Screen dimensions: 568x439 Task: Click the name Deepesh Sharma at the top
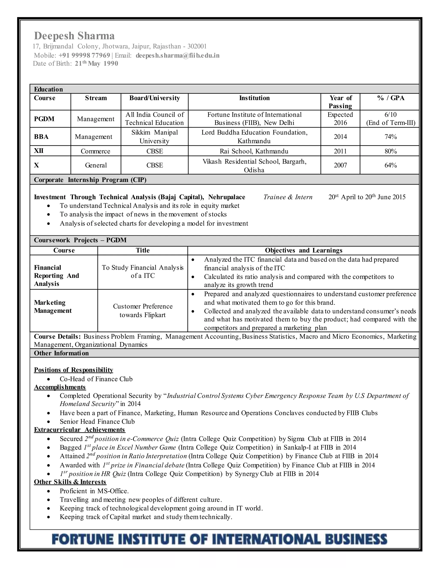coord(74,36)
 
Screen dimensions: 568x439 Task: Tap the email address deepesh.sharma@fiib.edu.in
coord(177,55)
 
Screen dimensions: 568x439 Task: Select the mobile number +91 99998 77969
coord(84,55)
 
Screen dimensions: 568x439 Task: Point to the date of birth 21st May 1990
coord(96,64)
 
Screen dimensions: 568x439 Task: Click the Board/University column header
coord(155,98)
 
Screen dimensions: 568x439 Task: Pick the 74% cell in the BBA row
coord(390,137)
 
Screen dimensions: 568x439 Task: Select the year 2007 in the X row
coord(340,165)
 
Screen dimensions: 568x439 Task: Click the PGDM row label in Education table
coord(44,119)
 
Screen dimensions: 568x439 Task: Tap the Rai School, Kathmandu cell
coord(254,151)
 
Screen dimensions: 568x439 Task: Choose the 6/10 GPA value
coord(390,115)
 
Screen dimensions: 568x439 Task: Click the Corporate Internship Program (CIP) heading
coord(90,180)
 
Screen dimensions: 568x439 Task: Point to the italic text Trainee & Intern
coord(288,197)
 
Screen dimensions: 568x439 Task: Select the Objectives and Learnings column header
coord(303,250)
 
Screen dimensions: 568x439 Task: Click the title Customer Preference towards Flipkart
coord(143,311)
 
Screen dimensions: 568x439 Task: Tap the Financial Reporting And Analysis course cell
coord(56,275)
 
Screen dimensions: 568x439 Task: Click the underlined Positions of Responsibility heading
coord(74,370)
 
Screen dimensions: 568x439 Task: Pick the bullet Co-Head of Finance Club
coord(96,379)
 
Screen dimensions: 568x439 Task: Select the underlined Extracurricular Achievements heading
coord(80,430)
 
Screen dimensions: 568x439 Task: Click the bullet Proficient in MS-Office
coord(94,491)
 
